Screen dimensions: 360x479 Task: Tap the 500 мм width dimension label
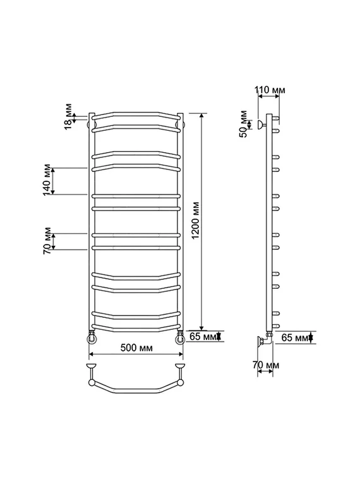[x=136, y=348]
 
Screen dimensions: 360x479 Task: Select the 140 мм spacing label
[x=47, y=180]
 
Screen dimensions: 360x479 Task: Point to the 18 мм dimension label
[x=69, y=116]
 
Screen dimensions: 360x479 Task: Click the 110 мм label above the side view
[x=270, y=90]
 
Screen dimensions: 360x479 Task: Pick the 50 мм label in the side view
[x=244, y=124]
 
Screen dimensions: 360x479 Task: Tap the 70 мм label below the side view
[x=266, y=365]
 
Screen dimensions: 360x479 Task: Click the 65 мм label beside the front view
[x=203, y=337]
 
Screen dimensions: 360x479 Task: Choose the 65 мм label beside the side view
[x=295, y=337]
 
